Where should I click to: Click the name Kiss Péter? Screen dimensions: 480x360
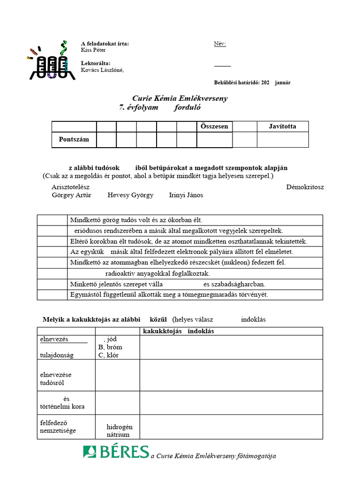pyautogui.click(x=93, y=50)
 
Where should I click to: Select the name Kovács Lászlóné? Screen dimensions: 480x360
pyautogui.click(x=102, y=70)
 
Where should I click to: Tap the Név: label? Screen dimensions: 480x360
pyautogui.click(x=220, y=44)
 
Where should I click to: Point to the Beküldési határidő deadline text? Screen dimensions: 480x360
pyautogui.click(x=252, y=82)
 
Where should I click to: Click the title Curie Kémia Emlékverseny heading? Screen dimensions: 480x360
pyautogui.click(x=180, y=98)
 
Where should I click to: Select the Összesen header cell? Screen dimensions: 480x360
pyautogui.click(x=214, y=127)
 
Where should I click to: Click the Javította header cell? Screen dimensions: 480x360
pyautogui.click(x=282, y=127)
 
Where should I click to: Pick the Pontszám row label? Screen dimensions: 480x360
pyautogui.click(x=74, y=140)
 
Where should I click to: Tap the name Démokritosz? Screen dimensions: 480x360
pyautogui.click(x=305, y=187)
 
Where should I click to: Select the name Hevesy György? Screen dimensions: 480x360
pyautogui.click(x=130, y=195)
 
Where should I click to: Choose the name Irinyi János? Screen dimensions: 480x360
pyautogui.click(x=186, y=195)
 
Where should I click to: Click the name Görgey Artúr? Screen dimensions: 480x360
pyautogui.click(x=71, y=195)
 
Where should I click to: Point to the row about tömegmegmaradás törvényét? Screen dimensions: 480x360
pyautogui.click(x=169, y=295)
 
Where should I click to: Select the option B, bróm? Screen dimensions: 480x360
pyautogui.click(x=110, y=347)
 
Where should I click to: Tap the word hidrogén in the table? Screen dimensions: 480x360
pyautogui.click(x=120, y=427)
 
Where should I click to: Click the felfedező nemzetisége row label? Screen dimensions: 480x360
pyautogui.click(x=58, y=427)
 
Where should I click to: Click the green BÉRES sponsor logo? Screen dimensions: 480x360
pyautogui.click(x=116, y=452)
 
